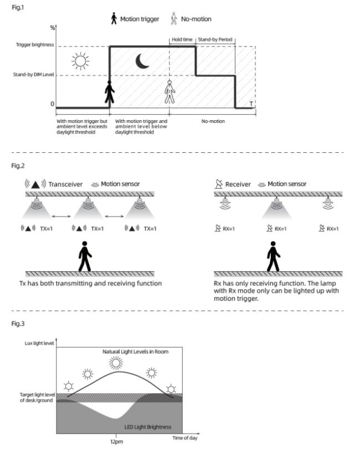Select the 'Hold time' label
[x=182, y=40]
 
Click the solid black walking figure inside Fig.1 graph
[x=110, y=92]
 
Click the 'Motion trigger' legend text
[x=139, y=19]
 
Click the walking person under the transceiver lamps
[x=84, y=256]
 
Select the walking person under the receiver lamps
[x=274, y=256]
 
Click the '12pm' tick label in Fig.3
[x=116, y=442]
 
